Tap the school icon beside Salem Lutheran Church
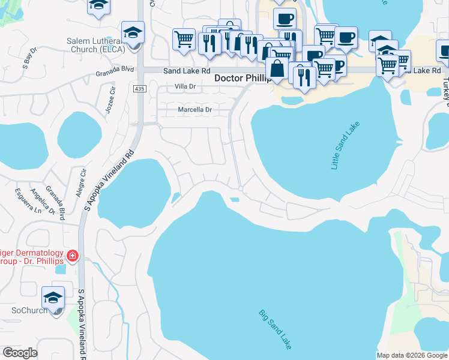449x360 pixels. point(133,32)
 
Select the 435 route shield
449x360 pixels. point(139,88)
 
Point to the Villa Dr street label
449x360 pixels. point(185,87)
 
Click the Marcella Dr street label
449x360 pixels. point(195,110)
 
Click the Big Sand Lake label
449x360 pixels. point(275,329)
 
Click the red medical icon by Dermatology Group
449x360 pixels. point(73,257)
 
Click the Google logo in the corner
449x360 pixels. point(20,353)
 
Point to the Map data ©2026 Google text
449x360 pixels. point(412,355)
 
